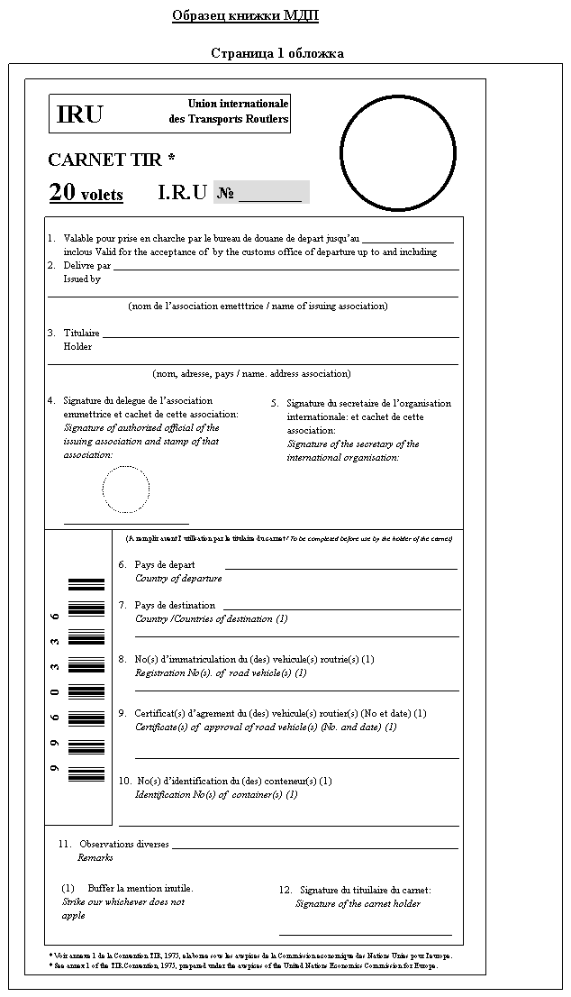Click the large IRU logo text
(80, 114)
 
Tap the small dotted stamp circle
(125, 489)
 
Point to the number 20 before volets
(62, 192)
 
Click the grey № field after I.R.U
(261, 193)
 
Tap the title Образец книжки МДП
(245, 16)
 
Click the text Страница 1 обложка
(276, 53)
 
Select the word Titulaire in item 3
(81, 333)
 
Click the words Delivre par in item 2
(86, 266)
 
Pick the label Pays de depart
(165, 564)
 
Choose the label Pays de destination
(175, 605)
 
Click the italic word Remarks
(95, 857)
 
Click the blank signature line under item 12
(365, 935)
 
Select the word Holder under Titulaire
(77, 346)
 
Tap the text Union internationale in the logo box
(238, 105)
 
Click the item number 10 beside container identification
(125, 781)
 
